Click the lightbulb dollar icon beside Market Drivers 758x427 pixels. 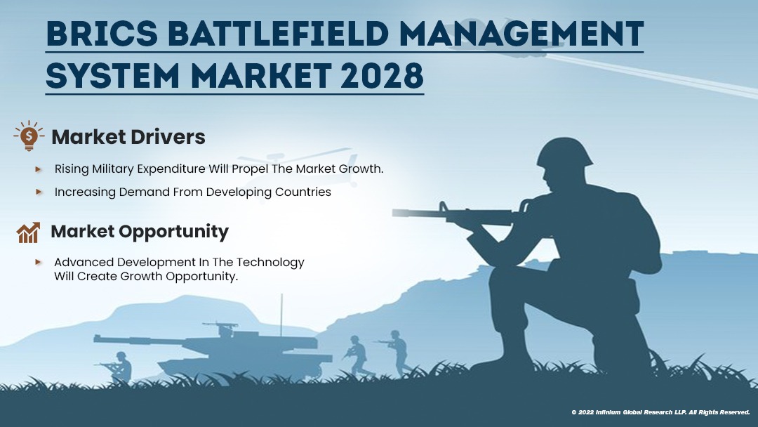click(x=28, y=136)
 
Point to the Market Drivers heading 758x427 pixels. click(x=128, y=137)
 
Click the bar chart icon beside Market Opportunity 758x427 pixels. click(x=29, y=232)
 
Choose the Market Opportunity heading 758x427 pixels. click(x=140, y=231)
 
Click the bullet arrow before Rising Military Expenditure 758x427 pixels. click(x=39, y=169)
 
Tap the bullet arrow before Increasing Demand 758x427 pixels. click(x=39, y=192)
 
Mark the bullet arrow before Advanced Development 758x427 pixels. click(x=39, y=262)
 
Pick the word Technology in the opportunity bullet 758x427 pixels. click(x=270, y=262)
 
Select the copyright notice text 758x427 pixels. click(x=660, y=412)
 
